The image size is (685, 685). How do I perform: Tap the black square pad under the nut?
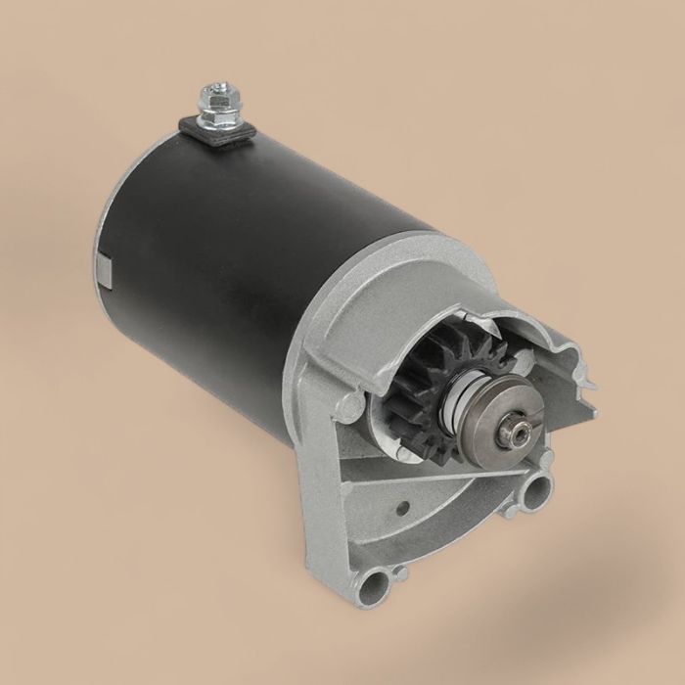[x=218, y=132]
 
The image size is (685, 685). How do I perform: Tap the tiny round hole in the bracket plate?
[x=403, y=508]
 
